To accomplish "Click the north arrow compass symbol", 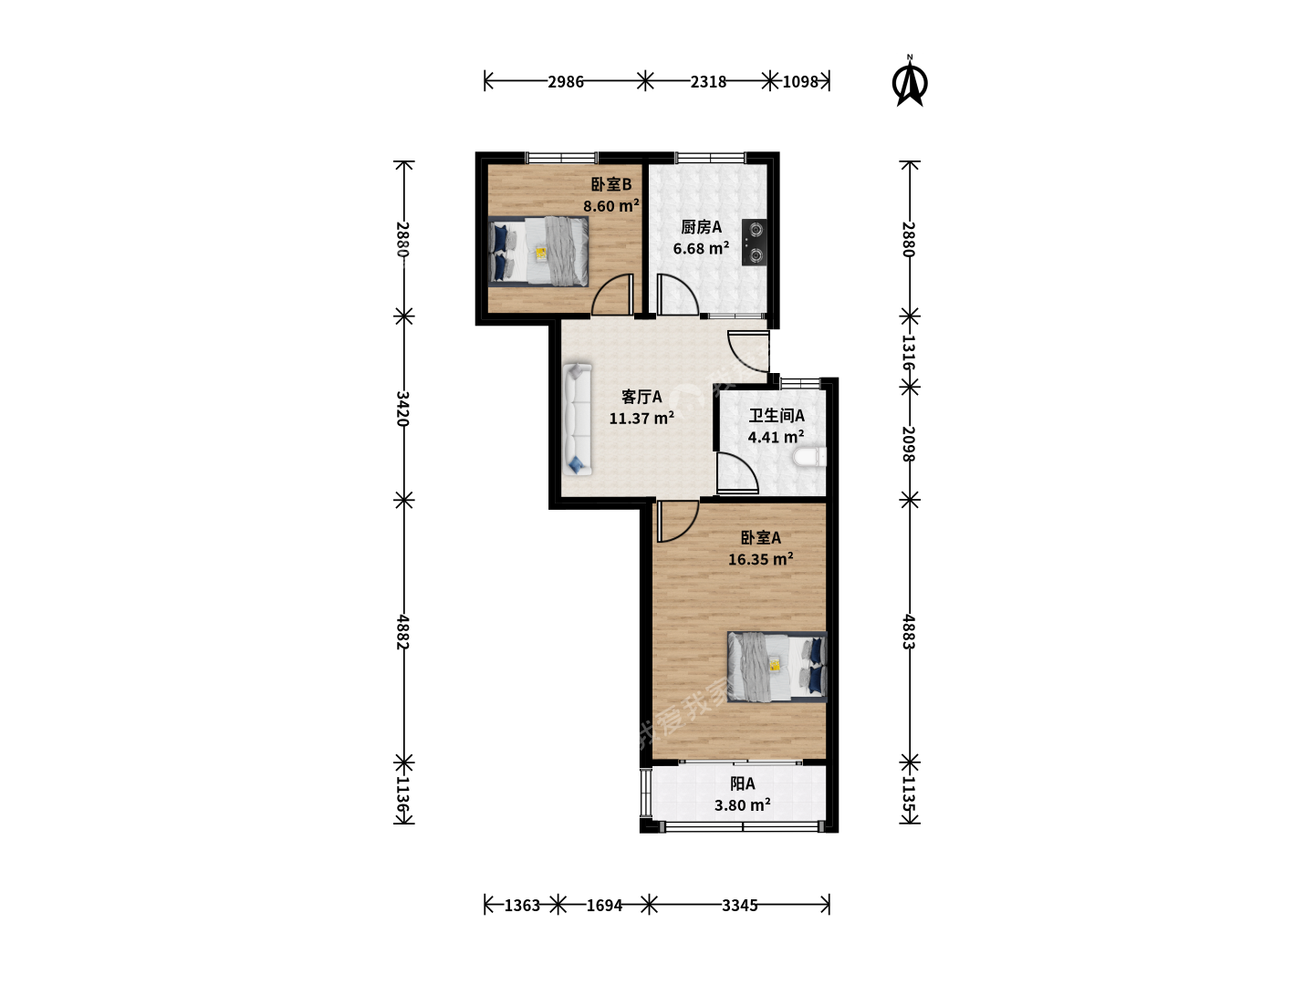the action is pyautogui.click(x=910, y=81).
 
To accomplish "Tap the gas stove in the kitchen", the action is pyautogui.click(x=755, y=243).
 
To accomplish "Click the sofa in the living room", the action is pyautogui.click(x=577, y=420).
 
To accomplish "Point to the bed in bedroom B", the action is pyautogui.click(x=538, y=251).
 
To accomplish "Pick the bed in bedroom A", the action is pyautogui.click(x=777, y=666).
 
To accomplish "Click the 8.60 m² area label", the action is pyautogui.click(x=611, y=206).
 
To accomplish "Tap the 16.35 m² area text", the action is pyautogui.click(x=760, y=559).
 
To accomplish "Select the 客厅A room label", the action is pyautogui.click(x=641, y=397).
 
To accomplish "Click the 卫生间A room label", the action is pyautogui.click(x=777, y=416).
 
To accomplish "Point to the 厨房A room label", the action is pyautogui.click(x=701, y=227).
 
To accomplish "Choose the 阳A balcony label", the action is pyautogui.click(x=742, y=783).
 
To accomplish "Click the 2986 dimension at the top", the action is pyautogui.click(x=566, y=82).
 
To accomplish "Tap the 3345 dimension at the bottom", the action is pyautogui.click(x=739, y=906).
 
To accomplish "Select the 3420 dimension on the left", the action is pyautogui.click(x=403, y=409).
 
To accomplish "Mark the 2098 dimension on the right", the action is pyautogui.click(x=909, y=443).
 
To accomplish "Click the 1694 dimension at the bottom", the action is pyautogui.click(x=604, y=906).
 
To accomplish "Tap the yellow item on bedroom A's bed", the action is pyautogui.click(x=775, y=665).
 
